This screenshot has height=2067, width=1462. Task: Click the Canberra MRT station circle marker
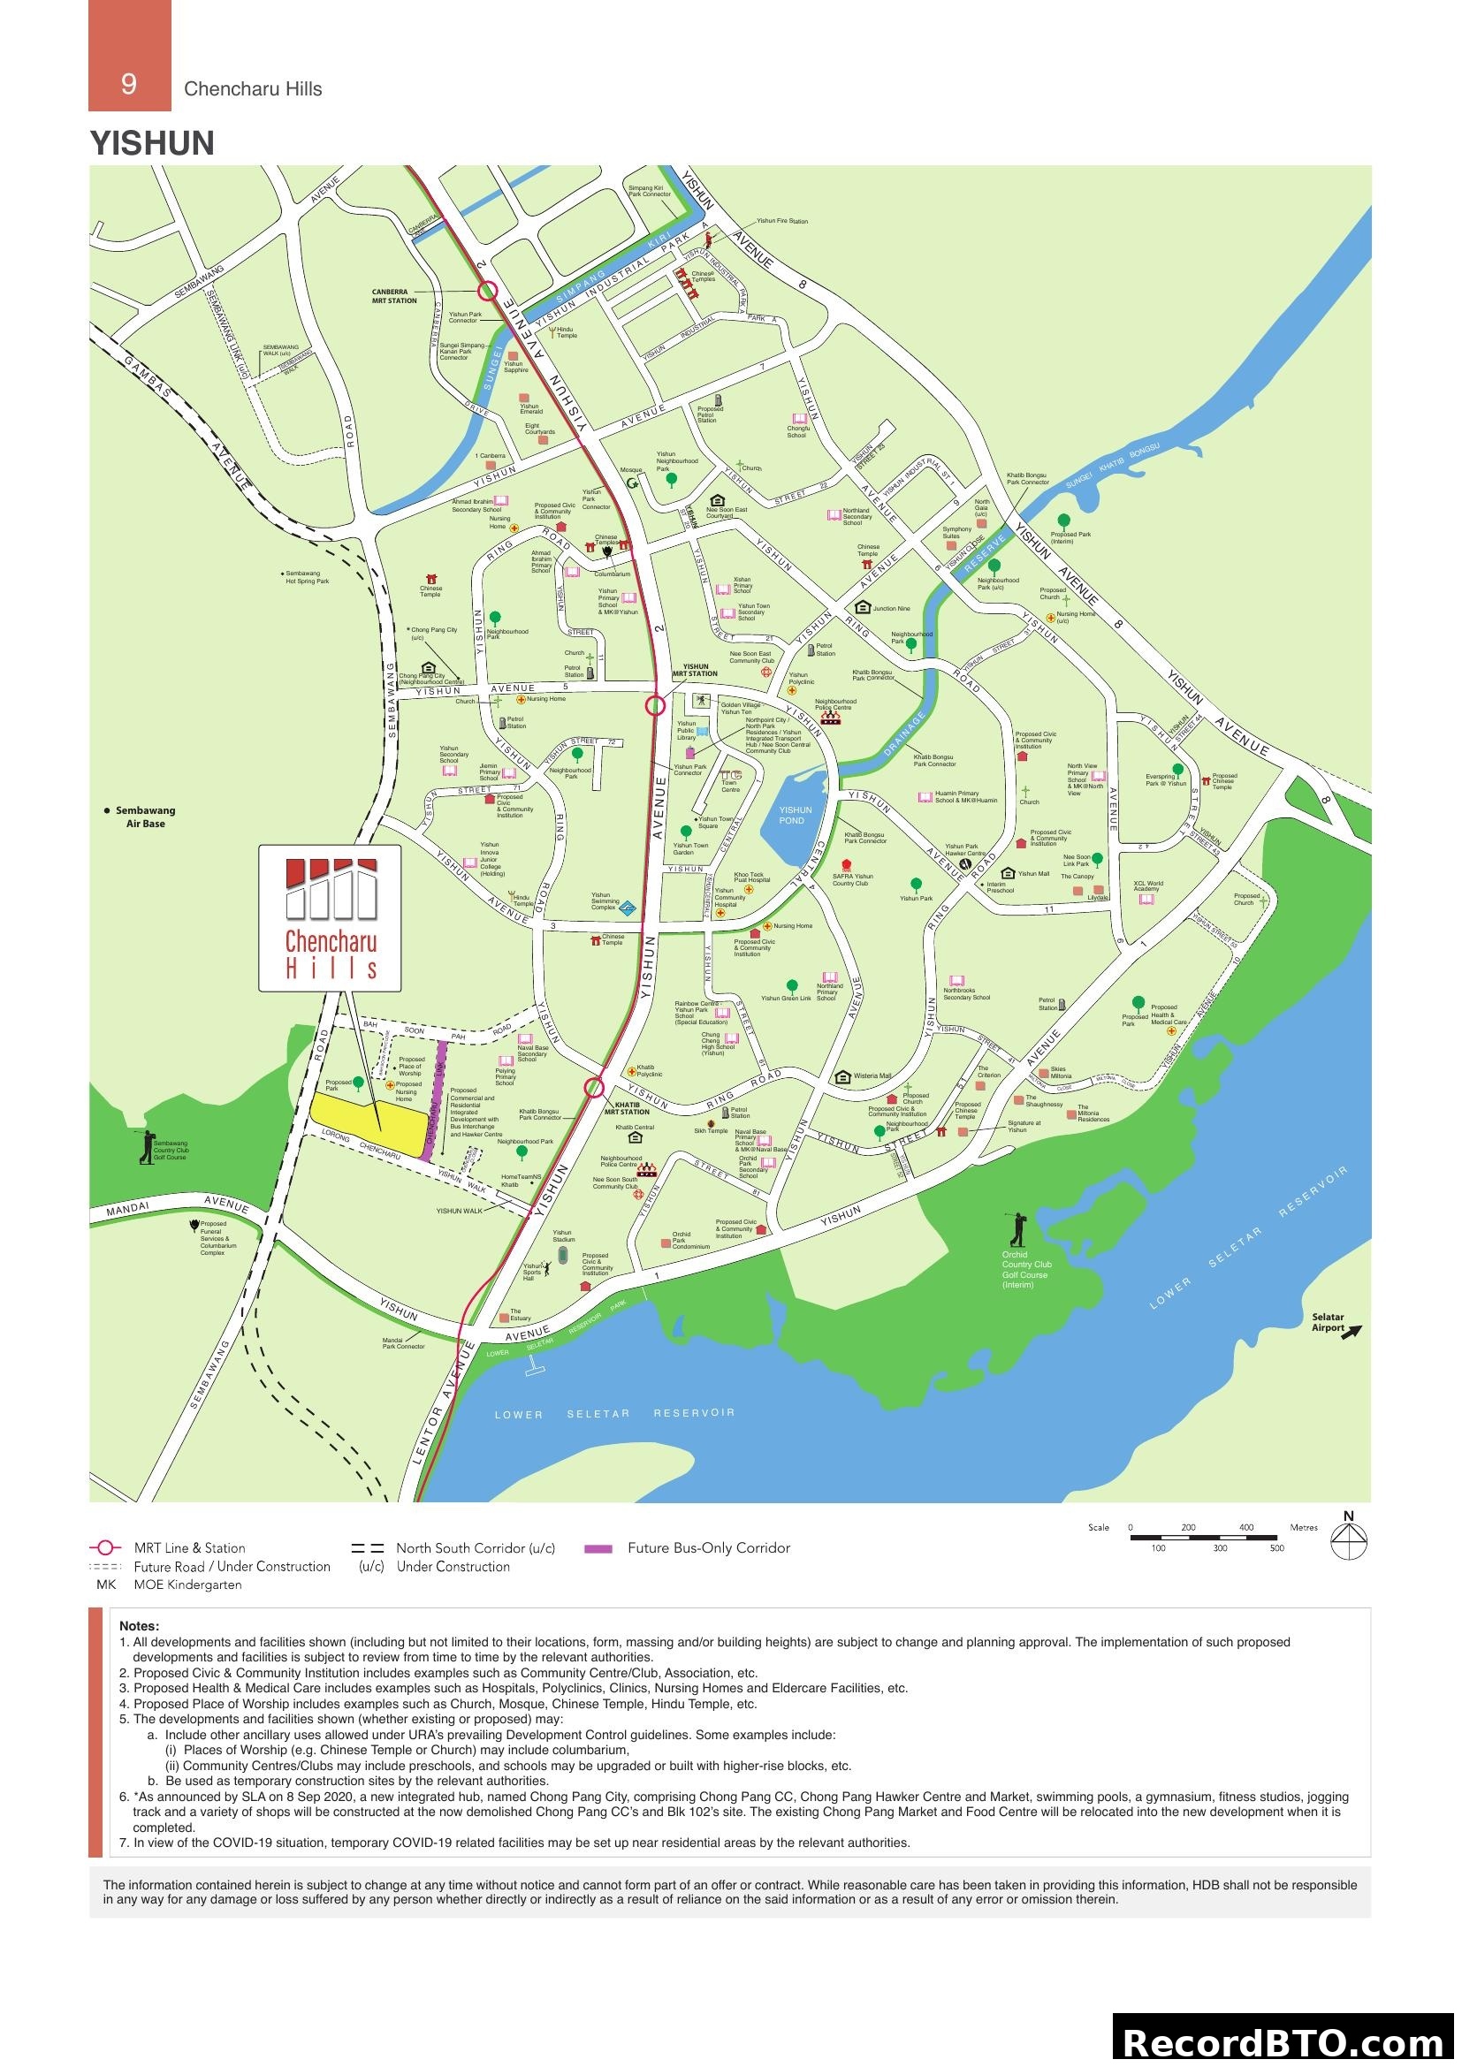(x=487, y=290)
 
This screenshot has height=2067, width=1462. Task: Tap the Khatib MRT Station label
(x=627, y=1108)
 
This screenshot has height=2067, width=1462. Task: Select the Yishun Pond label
(x=795, y=815)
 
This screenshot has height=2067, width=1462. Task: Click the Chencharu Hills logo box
(x=330, y=918)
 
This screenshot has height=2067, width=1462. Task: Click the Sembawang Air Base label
(x=145, y=817)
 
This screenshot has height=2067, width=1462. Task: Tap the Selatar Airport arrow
(x=1351, y=1331)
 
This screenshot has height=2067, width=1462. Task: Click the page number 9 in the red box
(x=129, y=84)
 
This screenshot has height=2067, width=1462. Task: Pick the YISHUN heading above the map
(x=152, y=144)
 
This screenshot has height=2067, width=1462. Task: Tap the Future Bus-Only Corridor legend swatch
(x=598, y=1549)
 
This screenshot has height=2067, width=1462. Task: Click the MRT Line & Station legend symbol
(x=105, y=1548)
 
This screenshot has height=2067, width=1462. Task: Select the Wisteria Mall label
(x=872, y=1075)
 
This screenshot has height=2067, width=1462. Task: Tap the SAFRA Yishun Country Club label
(x=851, y=879)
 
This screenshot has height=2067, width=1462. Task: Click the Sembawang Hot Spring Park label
(x=307, y=577)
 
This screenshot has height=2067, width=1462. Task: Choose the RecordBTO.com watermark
(x=1284, y=2040)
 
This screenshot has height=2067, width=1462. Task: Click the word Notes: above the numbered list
(x=139, y=1626)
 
